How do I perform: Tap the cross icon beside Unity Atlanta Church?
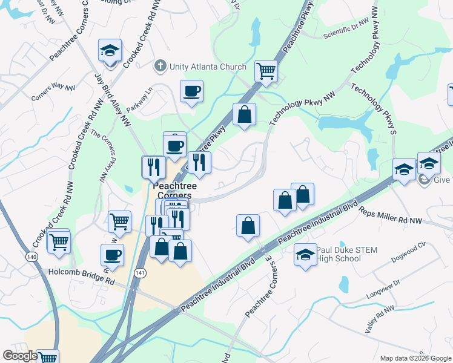pyautogui.click(x=160, y=66)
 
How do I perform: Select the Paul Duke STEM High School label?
pyautogui.click(x=339, y=255)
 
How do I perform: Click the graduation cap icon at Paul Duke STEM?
pyautogui.click(x=305, y=255)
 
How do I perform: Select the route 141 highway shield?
pyautogui.click(x=141, y=274)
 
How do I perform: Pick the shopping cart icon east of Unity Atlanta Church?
pyautogui.click(x=266, y=71)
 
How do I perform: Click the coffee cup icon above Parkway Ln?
pyautogui.click(x=191, y=91)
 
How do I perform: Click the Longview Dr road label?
pyautogui.click(x=383, y=289)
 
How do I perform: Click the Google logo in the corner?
pyautogui.click(x=20, y=356)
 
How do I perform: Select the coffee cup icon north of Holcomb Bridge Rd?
pyautogui.click(x=111, y=255)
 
